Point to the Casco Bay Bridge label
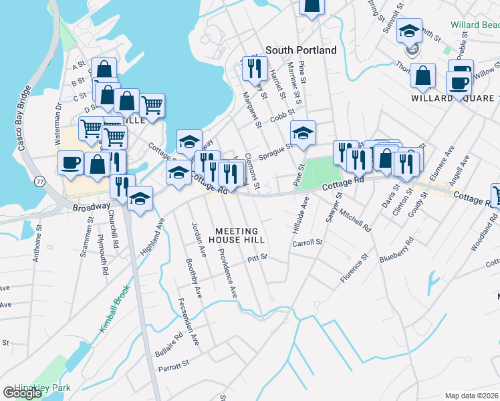[x=22, y=118]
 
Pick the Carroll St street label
[x=307, y=243]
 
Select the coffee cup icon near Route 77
[x=71, y=162]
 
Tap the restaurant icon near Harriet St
[x=254, y=67]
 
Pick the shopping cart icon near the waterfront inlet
[x=152, y=104]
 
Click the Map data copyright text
[x=472, y=396]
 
